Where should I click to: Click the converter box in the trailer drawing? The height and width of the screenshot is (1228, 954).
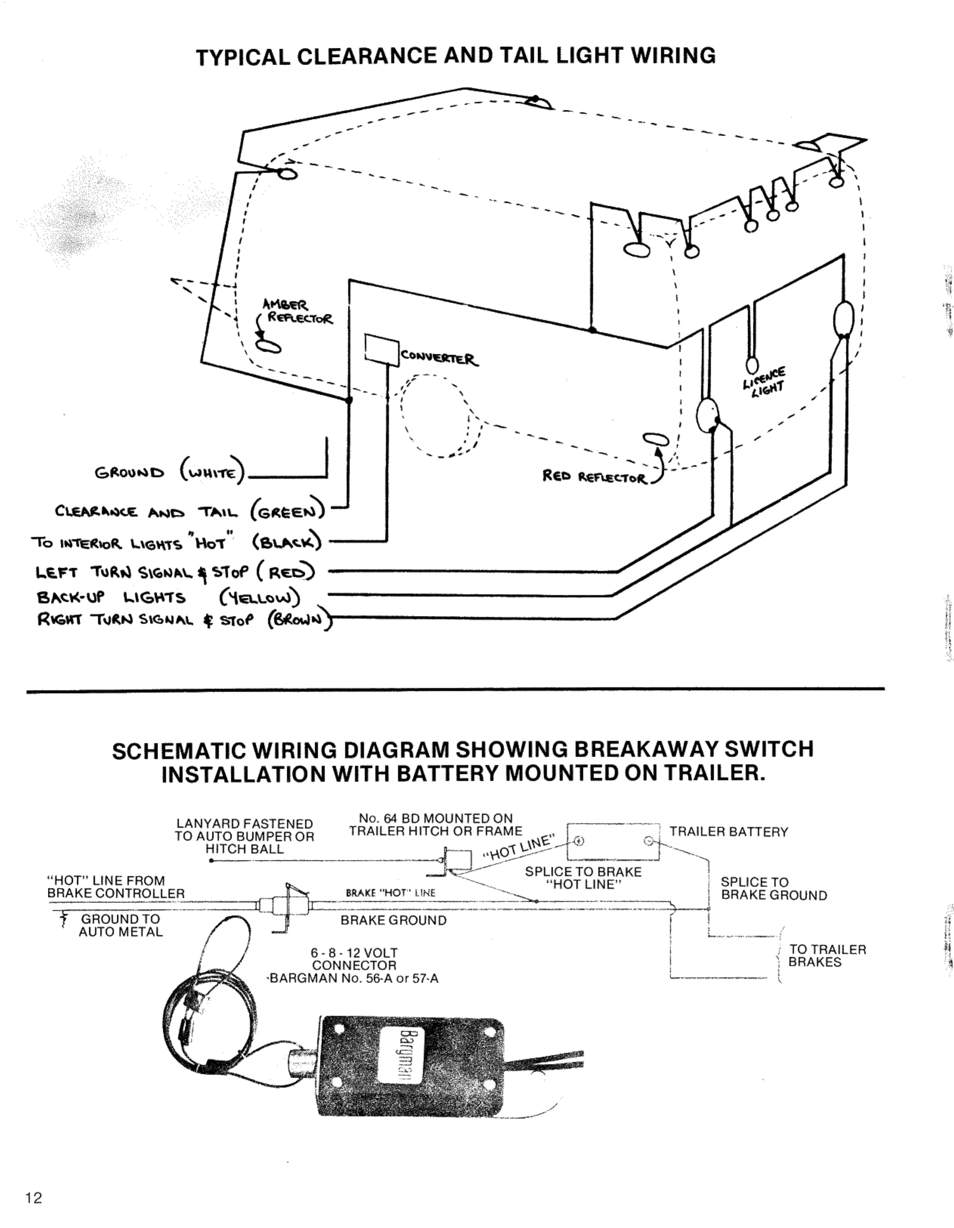pyautogui.click(x=382, y=350)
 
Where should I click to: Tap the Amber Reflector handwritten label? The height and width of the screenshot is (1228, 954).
pyautogui.click(x=296, y=312)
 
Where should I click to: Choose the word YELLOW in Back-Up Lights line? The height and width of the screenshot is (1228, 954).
pyautogui.click(x=261, y=597)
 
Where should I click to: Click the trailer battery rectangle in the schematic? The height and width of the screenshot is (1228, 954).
pyautogui.click(x=613, y=842)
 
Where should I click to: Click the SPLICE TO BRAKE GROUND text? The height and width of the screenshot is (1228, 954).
pyautogui.click(x=773, y=889)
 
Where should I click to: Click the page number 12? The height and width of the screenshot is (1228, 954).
pyautogui.click(x=33, y=1198)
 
